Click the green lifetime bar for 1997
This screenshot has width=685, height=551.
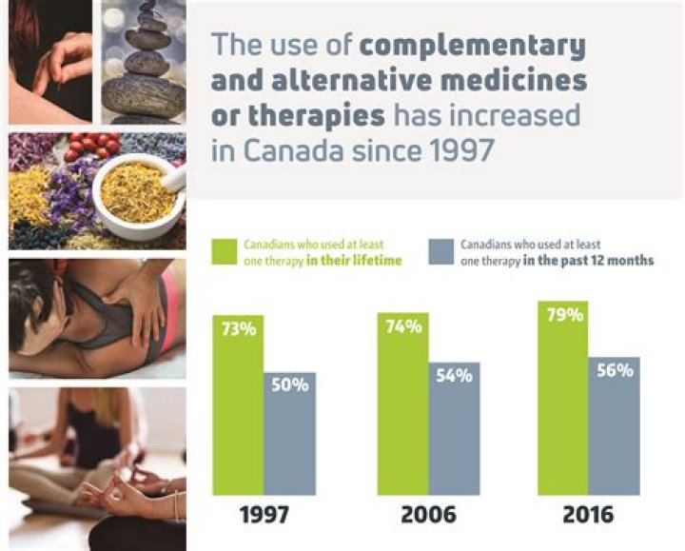pos(238,409)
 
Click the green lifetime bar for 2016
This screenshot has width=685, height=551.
pos(563,400)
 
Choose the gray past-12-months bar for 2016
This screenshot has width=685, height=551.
pos(615,428)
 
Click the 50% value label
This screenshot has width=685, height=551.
pos(290,385)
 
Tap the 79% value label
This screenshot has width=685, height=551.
pos(563,314)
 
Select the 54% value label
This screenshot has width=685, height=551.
pos(454,375)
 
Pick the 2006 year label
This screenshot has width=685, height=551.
pos(428,517)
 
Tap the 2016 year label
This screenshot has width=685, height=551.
pos(589,517)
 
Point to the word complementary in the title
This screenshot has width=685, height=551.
pos(473,45)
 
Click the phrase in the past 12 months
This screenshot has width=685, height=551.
pos(589,261)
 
